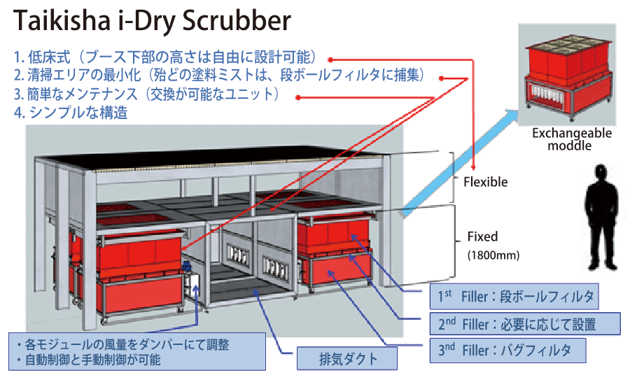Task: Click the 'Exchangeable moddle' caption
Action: click(x=571, y=139)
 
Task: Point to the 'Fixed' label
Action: click(x=482, y=237)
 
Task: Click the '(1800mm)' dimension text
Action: click(x=493, y=255)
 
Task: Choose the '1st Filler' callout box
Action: click(x=514, y=297)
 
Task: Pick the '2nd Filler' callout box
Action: click(x=524, y=323)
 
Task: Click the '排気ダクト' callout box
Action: click(x=347, y=359)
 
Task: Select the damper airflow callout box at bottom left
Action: click(x=136, y=352)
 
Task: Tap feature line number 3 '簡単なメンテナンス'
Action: click(x=150, y=94)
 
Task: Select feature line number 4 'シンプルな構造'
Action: click(x=71, y=112)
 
